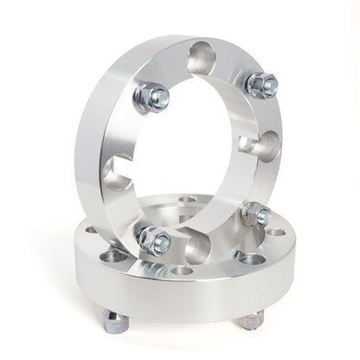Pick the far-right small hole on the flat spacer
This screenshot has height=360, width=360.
(x=275, y=231)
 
